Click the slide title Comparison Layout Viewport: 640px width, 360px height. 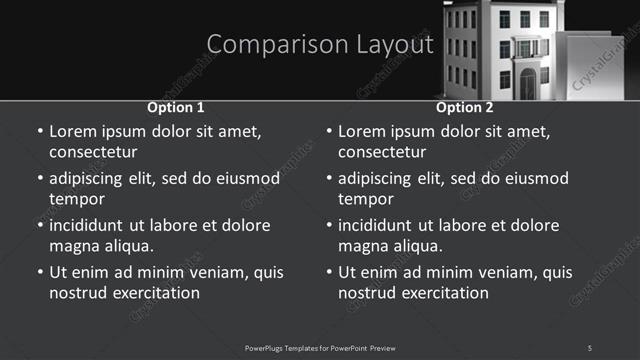pos(320,45)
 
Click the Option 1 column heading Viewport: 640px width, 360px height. pos(176,107)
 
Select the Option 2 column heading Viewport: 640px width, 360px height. pos(465,107)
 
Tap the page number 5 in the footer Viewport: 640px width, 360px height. pos(589,347)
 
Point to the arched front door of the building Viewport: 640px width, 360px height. pos(527,84)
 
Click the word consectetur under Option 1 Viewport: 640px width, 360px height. pos(93,152)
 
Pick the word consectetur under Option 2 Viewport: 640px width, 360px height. pos(382,152)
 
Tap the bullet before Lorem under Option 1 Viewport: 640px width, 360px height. pos(39,131)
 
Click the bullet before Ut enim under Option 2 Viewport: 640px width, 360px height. pos(328,272)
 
